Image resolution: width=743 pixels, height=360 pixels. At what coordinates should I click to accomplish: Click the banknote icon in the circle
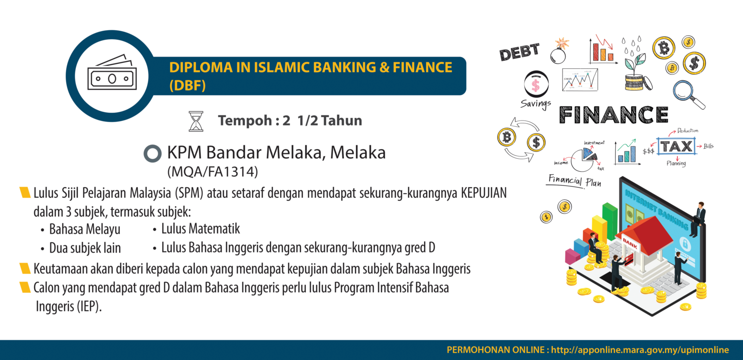[112, 75]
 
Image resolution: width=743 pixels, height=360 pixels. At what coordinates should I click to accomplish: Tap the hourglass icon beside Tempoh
[195, 121]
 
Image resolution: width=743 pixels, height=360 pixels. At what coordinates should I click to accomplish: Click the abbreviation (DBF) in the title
[188, 86]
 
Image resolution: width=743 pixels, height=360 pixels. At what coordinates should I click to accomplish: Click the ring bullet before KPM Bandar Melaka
[152, 154]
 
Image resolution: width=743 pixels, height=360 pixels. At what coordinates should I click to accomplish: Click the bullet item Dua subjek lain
[85, 248]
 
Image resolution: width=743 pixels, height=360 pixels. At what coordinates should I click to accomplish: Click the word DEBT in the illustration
[519, 52]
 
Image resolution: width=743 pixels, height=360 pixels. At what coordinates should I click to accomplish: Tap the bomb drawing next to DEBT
[559, 51]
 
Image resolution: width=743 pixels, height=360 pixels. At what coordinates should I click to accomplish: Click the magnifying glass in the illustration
[689, 94]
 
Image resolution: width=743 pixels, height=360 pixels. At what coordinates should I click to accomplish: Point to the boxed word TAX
[676, 146]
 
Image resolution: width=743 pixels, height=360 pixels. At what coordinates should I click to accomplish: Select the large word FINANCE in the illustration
[613, 115]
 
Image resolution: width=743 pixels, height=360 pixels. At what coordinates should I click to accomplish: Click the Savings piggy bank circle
[536, 85]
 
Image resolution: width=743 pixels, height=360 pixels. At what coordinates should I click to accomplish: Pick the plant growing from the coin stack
[635, 63]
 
